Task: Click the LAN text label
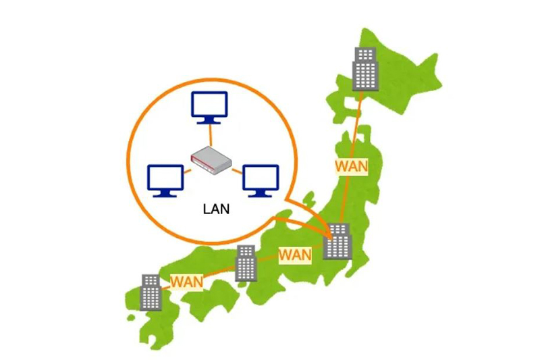click(x=216, y=209)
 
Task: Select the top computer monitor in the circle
click(x=209, y=105)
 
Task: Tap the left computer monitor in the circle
click(x=165, y=178)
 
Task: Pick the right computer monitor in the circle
click(x=261, y=178)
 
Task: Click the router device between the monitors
click(x=211, y=159)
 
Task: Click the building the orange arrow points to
click(x=337, y=241)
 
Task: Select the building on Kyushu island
click(x=151, y=292)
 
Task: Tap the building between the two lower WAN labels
click(x=246, y=263)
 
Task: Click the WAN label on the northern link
click(x=352, y=166)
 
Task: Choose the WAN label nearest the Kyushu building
click(x=187, y=280)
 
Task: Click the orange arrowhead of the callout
click(x=329, y=233)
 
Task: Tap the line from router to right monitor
click(x=236, y=170)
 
